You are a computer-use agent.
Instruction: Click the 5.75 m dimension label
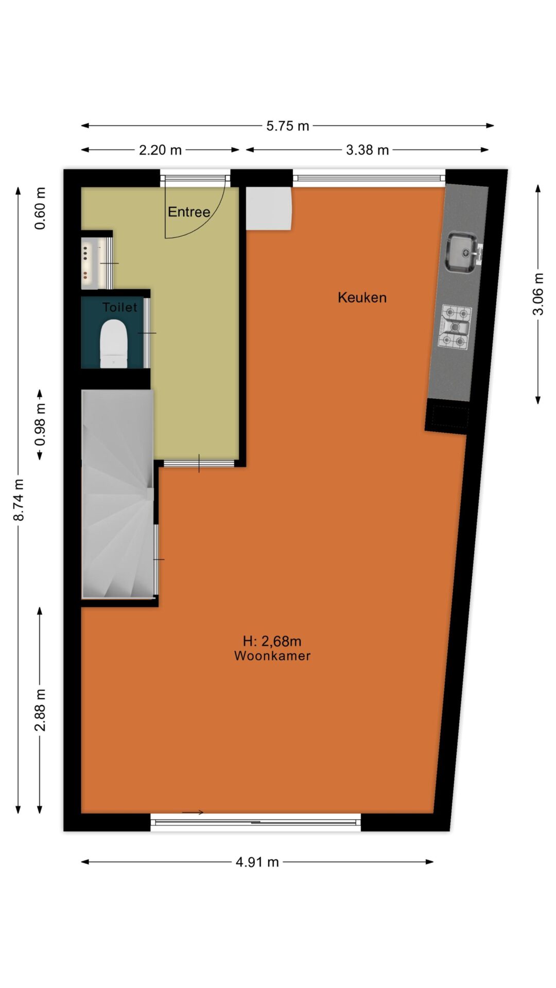point(287,126)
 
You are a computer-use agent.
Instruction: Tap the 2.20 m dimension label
point(160,150)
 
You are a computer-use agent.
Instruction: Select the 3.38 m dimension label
point(367,150)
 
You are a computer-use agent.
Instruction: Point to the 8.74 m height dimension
point(19,500)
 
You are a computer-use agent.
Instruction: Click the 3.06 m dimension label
point(538,294)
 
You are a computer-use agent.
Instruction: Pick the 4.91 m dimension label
point(257,862)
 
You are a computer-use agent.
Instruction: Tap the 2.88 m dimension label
point(40,710)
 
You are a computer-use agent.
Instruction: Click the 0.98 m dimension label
point(40,425)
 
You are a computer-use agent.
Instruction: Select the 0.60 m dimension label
point(40,208)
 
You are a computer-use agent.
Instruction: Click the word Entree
point(189,212)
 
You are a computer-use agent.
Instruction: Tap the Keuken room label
point(362,297)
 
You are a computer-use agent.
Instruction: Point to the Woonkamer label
point(272,656)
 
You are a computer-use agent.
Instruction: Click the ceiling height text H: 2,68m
point(272,641)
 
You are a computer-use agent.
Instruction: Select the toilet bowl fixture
point(113,343)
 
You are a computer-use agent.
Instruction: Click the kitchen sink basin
point(462,252)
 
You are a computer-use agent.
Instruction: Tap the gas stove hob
point(455,327)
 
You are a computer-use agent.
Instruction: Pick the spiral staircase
point(118,494)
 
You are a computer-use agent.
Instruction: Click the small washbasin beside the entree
point(91,263)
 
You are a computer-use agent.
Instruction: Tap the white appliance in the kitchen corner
point(269,208)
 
